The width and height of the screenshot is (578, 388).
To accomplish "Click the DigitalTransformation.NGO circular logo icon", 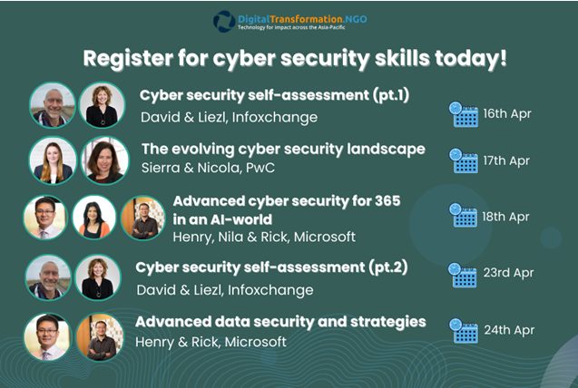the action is click(224, 22).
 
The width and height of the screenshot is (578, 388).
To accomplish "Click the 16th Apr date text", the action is click(507, 113).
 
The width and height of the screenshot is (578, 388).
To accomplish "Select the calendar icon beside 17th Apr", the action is click(464, 160).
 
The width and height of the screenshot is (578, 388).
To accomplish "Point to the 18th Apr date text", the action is click(505, 217).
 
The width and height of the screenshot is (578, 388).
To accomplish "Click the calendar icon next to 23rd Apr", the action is click(462, 275).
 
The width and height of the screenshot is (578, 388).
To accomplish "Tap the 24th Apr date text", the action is click(509, 330).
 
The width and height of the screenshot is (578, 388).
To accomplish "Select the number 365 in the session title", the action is click(387, 201).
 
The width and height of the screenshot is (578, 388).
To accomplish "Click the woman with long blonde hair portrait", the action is click(53, 160).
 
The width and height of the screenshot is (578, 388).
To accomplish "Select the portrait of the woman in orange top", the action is click(94, 218).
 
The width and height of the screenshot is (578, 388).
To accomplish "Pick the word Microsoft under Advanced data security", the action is click(256, 342).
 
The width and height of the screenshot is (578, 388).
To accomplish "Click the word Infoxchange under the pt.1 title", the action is click(275, 118).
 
